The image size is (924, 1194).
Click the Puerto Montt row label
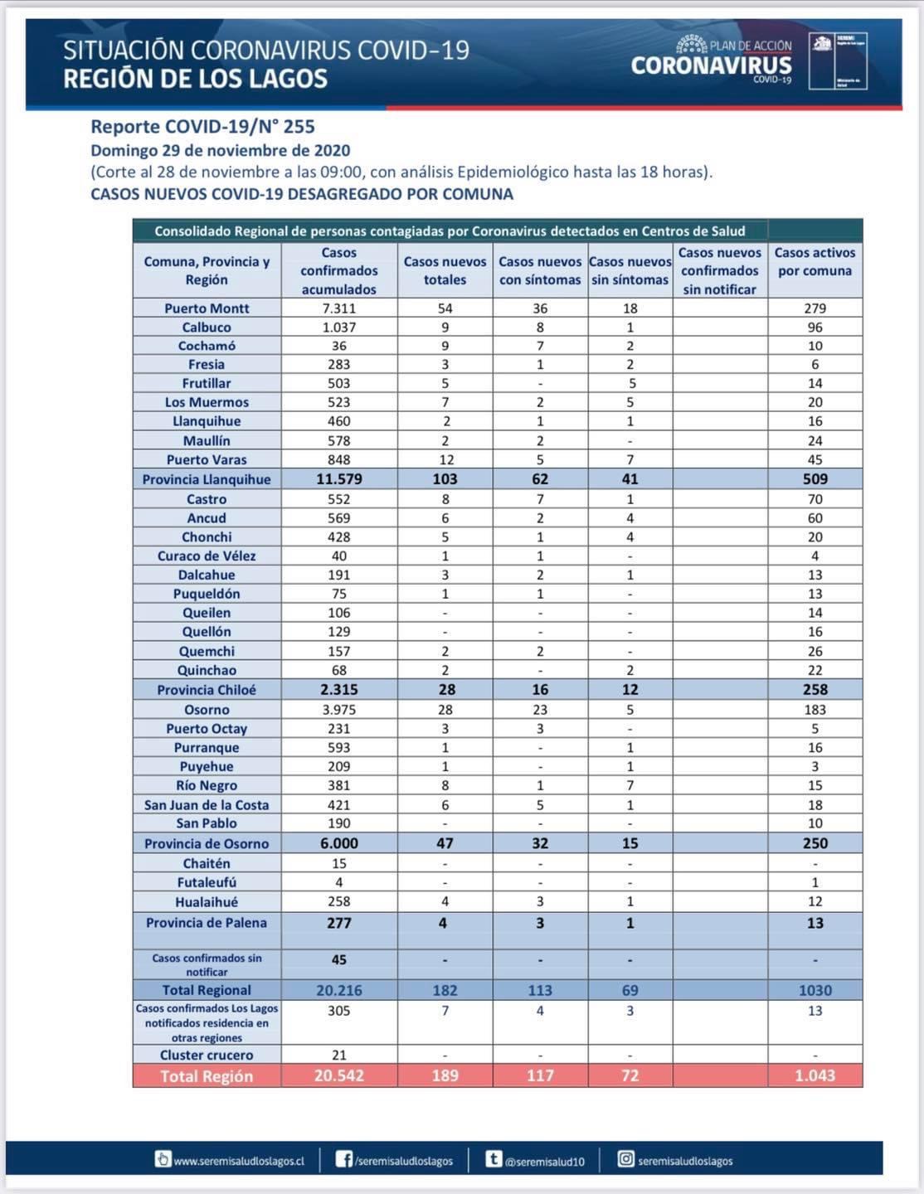coord(207,308)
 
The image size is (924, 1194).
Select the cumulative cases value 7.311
coord(338,308)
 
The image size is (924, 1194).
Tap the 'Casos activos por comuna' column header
coord(815,262)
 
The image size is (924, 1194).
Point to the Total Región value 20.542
coord(338,1075)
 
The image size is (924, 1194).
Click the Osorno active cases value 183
coord(815,710)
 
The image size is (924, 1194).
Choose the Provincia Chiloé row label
coord(207,690)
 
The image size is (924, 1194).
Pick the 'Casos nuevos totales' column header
coord(445,271)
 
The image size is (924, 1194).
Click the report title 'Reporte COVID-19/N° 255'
coord(202,127)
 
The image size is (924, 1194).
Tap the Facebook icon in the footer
coord(343,1159)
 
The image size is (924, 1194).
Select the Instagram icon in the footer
coord(625,1159)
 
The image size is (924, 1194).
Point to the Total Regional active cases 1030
coord(815,990)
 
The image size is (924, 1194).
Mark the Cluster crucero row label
coord(207,1055)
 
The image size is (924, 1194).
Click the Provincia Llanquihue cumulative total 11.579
coord(338,479)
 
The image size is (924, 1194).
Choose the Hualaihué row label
coord(207,901)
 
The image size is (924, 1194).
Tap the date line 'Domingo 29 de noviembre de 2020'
coord(220,151)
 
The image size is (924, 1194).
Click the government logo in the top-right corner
coord(839,61)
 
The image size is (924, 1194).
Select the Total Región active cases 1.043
coord(815,1075)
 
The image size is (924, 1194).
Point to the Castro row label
coord(207,499)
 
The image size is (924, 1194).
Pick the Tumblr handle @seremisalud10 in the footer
coord(545,1162)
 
